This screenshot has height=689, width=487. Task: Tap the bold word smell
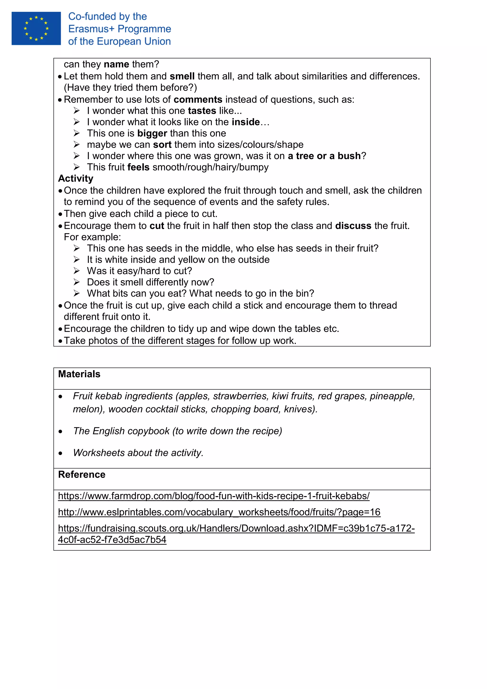(182, 76)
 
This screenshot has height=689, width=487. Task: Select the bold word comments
(198, 100)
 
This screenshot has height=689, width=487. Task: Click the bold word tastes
(202, 111)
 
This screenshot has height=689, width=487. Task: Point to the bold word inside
(246, 122)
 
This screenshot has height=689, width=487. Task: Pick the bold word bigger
(152, 133)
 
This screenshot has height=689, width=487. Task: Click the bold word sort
(162, 145)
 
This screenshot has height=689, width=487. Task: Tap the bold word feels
(138, 167)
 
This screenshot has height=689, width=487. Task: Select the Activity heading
(76, 178)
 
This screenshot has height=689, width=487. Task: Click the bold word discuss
(353, 226)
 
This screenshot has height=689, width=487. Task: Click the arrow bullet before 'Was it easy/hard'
(77, 271)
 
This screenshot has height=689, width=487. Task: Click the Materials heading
(79, 374)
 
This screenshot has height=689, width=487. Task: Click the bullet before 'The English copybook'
(61, 432)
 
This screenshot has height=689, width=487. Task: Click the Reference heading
(82, 475)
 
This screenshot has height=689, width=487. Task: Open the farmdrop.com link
(214, 496)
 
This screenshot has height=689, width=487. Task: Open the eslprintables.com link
(219, 512)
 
